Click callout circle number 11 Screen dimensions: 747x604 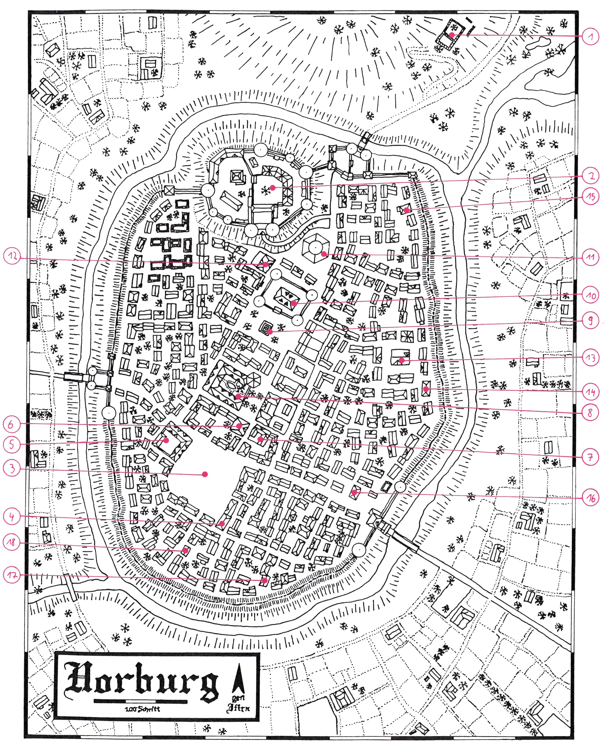click(x=590, y=257)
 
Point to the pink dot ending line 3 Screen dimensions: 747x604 click(x=205, y=474)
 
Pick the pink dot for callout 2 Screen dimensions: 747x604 click(x=272, y=188)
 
